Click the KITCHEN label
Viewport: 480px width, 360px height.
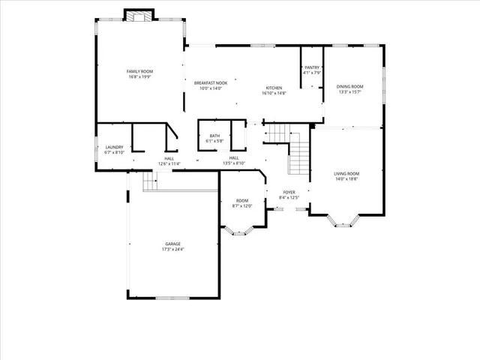274,88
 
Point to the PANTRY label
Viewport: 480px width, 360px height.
312,67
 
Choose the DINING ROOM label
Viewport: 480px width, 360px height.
351,88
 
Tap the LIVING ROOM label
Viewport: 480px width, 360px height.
346,174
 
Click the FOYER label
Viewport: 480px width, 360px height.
288,193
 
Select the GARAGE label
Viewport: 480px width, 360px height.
173,244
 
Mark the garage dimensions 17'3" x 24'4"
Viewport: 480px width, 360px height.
173,249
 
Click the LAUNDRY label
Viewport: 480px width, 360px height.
114,147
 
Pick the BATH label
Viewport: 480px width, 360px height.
214,136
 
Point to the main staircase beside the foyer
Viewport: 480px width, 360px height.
298,154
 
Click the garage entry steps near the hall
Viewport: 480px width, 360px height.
148,181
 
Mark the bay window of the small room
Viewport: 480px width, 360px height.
241,229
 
